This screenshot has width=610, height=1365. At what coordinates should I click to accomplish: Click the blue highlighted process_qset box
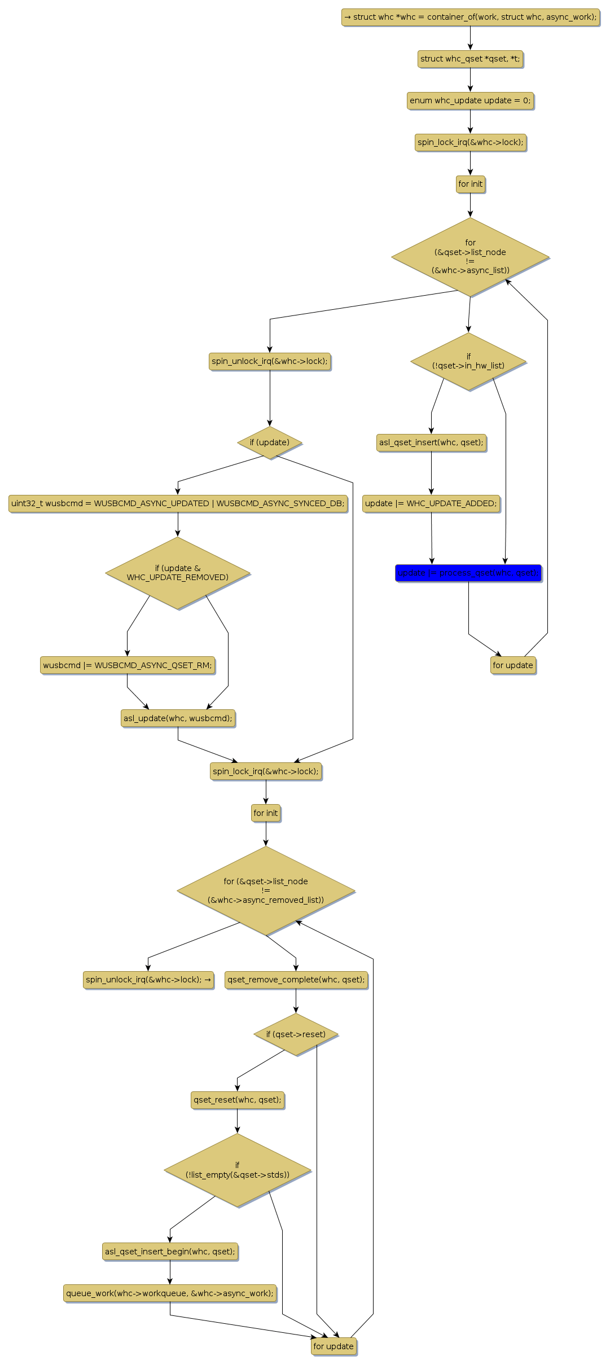click(x=468, y=573)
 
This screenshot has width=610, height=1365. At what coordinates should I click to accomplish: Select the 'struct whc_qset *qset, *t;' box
click(x=470, y=59)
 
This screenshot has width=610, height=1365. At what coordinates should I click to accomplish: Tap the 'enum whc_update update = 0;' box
click(x=470, y=100)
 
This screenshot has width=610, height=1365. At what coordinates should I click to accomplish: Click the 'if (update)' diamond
click(x=270, y=442)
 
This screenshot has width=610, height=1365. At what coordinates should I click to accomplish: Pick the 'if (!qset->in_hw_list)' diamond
click(x=468, y=361)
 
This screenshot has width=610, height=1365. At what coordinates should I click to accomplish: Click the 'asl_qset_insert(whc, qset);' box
click(x=431, y=442)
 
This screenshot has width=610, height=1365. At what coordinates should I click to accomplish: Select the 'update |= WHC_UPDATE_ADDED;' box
click(x=431, y=503)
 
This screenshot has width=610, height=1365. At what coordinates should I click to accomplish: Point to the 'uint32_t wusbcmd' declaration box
click(x=178, y=503)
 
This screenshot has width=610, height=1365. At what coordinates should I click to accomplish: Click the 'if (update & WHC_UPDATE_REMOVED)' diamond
click(x=178, y=573)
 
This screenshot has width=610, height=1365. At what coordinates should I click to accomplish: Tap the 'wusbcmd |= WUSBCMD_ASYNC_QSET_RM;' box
click(x=128, y=665)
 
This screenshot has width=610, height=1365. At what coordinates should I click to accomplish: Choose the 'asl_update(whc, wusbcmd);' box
click(x=178, y=718)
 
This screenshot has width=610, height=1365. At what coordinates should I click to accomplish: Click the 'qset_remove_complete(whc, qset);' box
click(x=296, y=980)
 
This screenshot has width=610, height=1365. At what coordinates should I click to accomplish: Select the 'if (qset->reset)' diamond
click(x=296, y=1034)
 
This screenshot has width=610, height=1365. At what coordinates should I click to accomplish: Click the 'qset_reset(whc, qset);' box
click(x=237, y=1099)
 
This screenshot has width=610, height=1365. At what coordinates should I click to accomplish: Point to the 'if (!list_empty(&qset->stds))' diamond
click(x=237, y=1170)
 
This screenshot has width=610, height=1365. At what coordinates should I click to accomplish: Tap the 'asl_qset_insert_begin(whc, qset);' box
click(x=170, y=1252)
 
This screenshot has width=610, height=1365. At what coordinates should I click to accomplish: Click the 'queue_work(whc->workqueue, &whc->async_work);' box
click(x=170, y=1293)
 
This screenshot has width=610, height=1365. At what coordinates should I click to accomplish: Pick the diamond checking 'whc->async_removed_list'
click(x=266, y=890)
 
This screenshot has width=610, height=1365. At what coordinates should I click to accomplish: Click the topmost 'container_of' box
click(x=470, y=17)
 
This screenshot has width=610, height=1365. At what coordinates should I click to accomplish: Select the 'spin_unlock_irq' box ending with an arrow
click(x=148, y=980)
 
